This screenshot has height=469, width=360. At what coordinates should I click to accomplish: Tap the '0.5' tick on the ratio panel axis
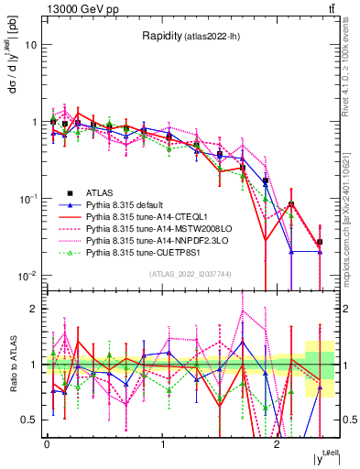click(x=28, y=420)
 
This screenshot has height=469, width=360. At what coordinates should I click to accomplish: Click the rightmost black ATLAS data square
click(x=320, y=242)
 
